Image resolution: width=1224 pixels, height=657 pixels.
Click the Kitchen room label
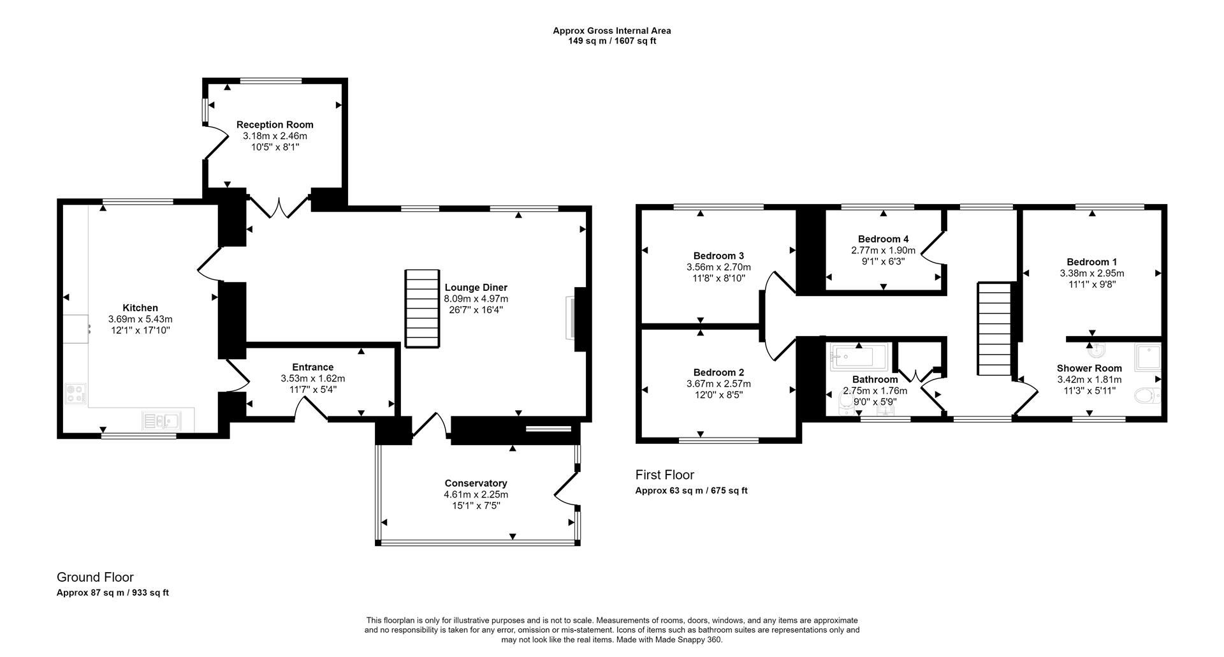tap(140, 308)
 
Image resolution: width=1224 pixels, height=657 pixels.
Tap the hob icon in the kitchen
tap(75, 393)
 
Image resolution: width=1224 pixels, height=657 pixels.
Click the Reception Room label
tap(275, 125)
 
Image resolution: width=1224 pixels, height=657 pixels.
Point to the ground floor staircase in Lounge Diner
tap(423, 308)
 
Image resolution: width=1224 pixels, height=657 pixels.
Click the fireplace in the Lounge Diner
tap(571, 319)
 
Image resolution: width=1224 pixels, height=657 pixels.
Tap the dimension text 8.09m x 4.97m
tap(476, 299)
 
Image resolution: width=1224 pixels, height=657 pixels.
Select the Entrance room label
tap(312, 367)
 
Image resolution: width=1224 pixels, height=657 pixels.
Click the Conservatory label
tap(476, 484)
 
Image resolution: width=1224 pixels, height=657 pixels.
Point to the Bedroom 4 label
tap(883, 239)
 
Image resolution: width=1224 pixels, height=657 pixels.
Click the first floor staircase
tap(994, 330)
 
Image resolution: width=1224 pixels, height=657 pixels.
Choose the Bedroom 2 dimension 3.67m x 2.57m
tap(718, 384)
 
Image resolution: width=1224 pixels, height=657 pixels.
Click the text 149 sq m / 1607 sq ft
tap(611, 41)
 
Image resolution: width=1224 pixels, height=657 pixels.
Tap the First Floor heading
tap(664, 475)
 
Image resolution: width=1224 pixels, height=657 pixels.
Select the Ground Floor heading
tap(95, 577)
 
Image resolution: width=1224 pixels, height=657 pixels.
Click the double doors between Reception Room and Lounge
tap(279, 206)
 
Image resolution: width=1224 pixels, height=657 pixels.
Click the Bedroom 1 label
tap(1091, 262)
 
